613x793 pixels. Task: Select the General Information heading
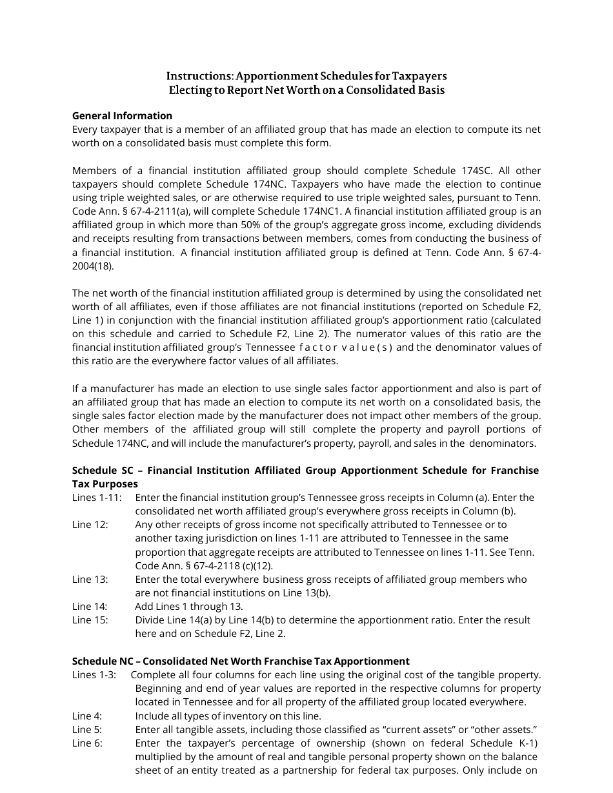coord(122,116)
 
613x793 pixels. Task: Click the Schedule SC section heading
coord(305,471)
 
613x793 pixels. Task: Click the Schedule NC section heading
coord(241,661)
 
